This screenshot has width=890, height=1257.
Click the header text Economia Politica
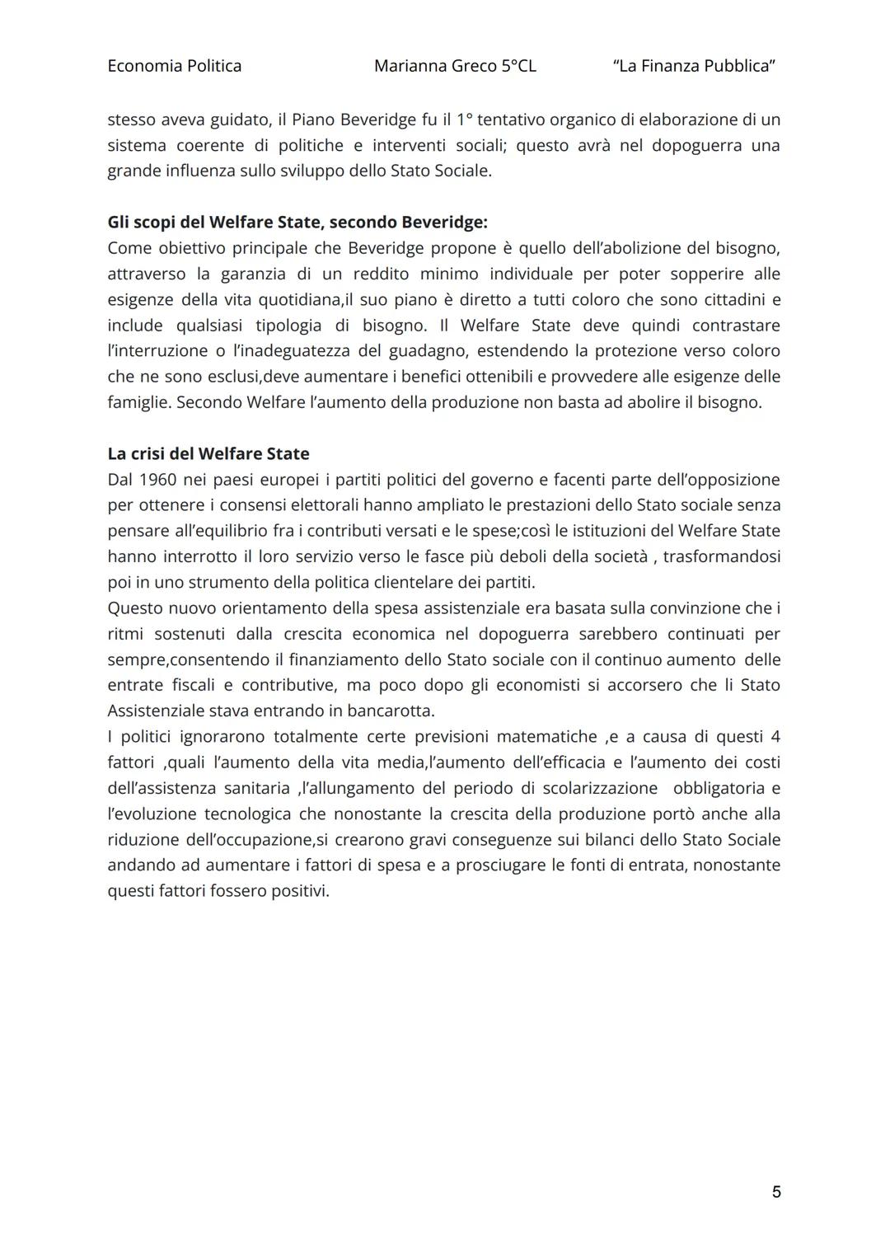click(174, 66)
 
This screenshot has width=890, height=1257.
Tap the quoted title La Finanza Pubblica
click(694, 66)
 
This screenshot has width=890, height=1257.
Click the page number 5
click(775, 1192)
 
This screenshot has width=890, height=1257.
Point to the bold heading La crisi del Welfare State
click(208, 454)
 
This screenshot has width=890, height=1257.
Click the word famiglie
click(138, 402)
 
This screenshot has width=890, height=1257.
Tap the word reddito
click(381, 274)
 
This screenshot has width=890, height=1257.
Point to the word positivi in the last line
click(299, 891)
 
